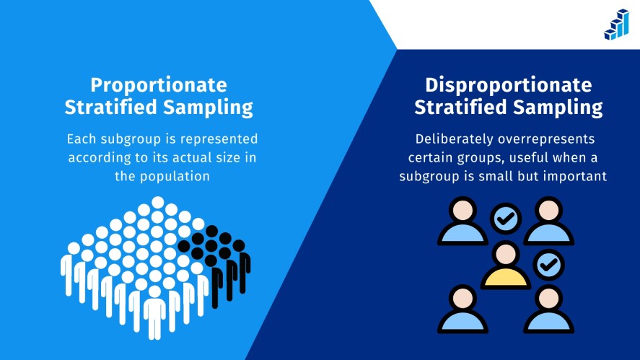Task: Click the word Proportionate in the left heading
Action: coord(159,85)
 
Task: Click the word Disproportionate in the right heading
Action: coord(509,85)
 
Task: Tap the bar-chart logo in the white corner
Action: coord(617,25)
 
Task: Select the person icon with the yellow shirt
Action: coord(506,265)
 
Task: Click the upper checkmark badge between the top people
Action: coord(506,219)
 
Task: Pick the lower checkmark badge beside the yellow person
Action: coord(549,265)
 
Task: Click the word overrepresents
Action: coord(547,139)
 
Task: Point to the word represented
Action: coord(219,139)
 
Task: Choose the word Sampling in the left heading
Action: coord(209,107)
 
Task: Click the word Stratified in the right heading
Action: coord(461,107)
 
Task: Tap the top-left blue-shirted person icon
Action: coord(463,221)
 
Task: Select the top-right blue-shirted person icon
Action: coord(549,221)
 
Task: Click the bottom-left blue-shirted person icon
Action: coord(463,309)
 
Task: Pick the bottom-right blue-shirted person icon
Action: coord(549,309)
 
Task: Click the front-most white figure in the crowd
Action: coord(154,312)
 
